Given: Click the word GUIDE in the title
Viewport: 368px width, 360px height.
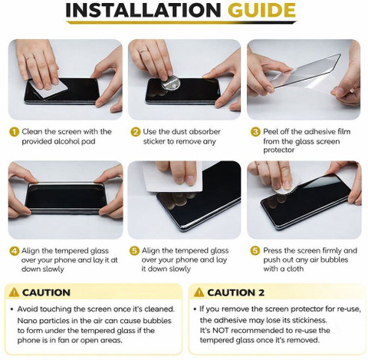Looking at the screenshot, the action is click(x=261, y=10).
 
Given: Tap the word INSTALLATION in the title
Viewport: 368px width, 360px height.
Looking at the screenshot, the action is click(x=143, y=10).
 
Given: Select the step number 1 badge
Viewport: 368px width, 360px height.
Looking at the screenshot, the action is click(x=15, y=132).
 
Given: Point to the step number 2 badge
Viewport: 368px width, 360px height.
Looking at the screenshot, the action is click(x=136, y=132).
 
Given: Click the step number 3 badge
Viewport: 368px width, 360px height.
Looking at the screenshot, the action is click(x=255, y=132).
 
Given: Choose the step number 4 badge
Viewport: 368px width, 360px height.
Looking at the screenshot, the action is click(x=15, y=251).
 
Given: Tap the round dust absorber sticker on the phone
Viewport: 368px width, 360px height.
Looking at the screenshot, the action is click(x=171, y=84).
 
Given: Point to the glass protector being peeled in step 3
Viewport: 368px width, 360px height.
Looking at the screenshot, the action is click(x=305, y=71).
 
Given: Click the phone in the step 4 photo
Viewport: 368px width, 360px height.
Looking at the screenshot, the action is click(x=65, y=198).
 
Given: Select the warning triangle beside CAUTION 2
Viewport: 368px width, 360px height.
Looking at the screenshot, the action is click(x=199, y=292).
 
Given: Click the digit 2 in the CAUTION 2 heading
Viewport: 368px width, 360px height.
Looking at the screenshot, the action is click(x=261, y=292).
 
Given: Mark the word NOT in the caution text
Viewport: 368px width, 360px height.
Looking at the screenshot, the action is click(x=220, y=330).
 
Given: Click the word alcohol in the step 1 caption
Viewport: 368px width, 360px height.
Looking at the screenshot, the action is click(x=67, y=141).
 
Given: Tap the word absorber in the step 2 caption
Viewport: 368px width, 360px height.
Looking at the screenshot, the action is click(x=202, y=132).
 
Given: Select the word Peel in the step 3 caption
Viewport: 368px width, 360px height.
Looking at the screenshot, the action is click(x=271, y=132).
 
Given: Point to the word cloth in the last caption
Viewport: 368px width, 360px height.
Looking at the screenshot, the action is click(x=294, y=269).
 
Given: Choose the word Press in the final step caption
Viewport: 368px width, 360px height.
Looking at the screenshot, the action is click(x=272, y=250).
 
